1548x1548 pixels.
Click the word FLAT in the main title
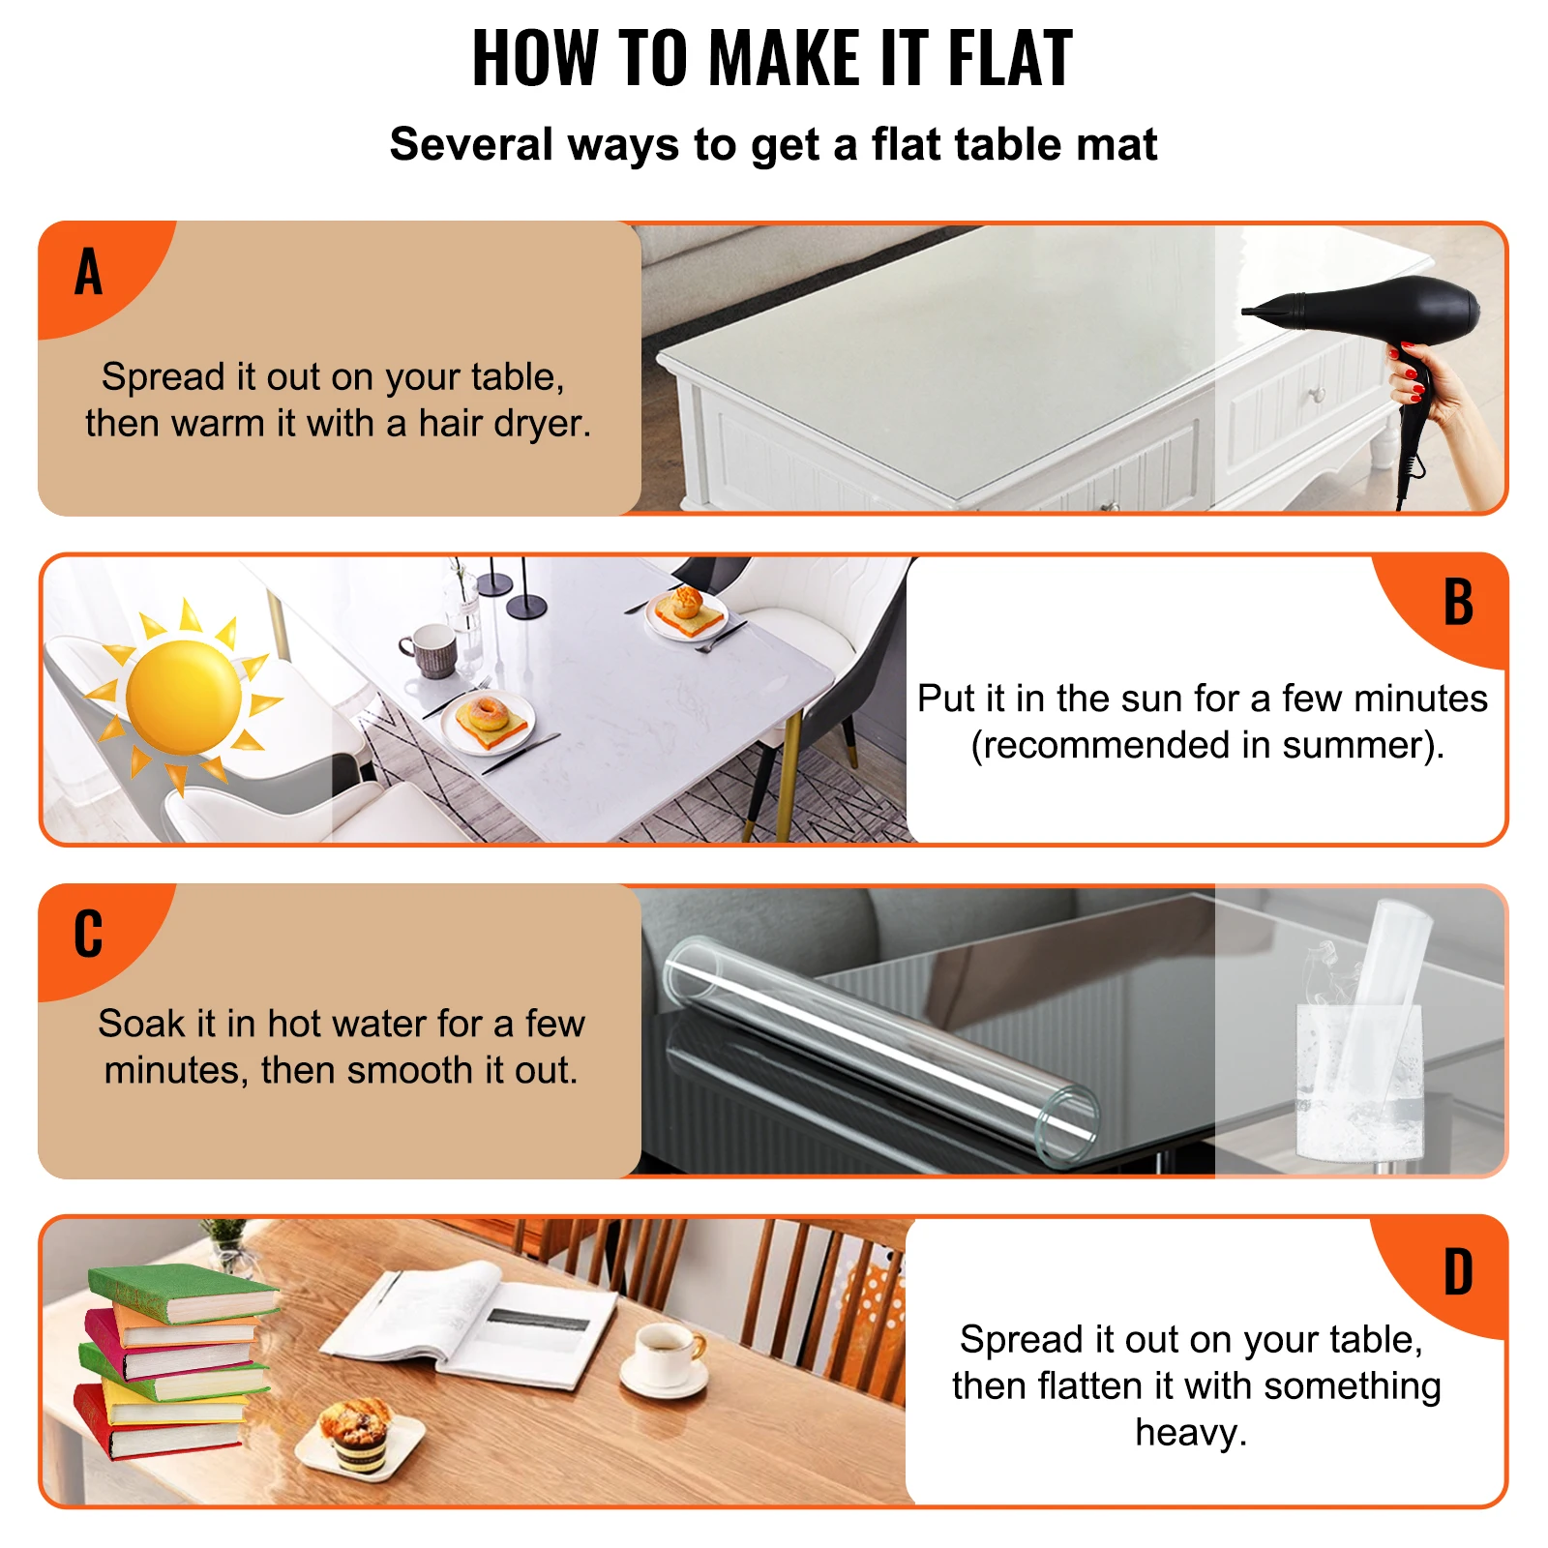coord(1009,59)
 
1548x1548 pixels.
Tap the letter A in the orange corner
coord(88,272)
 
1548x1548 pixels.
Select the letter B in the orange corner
coord(1457,603)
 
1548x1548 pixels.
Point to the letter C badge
coord(88,935)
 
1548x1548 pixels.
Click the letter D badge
coord(1457,1272)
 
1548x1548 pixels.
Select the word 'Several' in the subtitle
coord(469,145)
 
